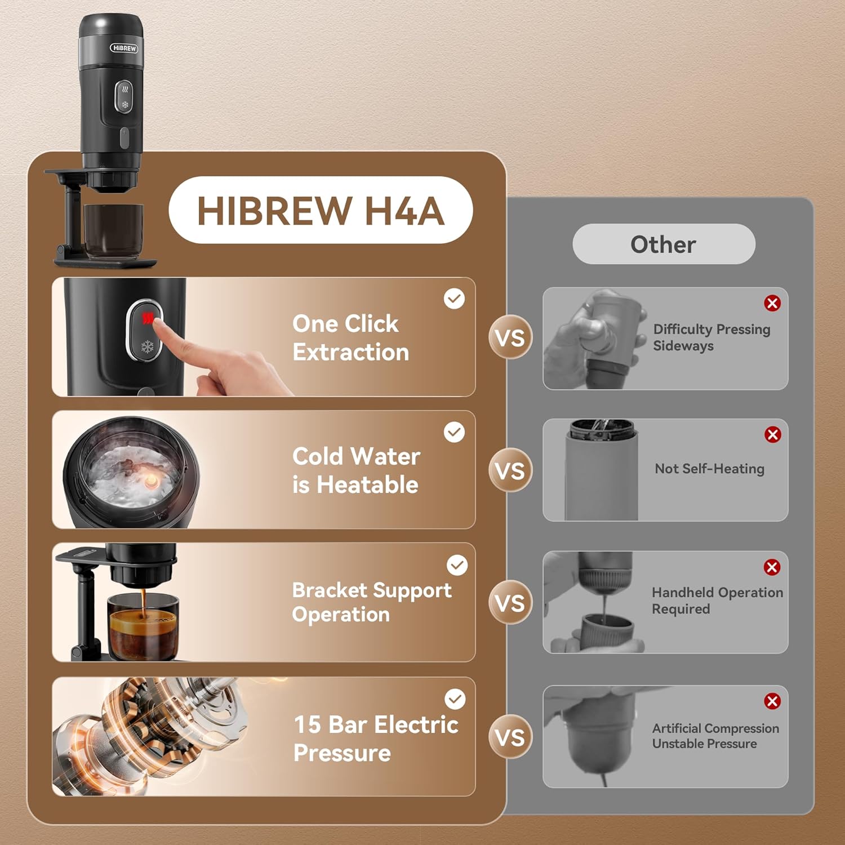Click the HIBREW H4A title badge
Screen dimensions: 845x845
[x=321, y=210]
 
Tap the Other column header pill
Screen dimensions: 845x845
[x=664, y=244]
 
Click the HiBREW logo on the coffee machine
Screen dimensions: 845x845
[x=124, y=48]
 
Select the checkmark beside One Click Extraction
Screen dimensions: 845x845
[x=454, y=299]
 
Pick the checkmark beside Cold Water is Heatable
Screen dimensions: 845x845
[x=454, y=432]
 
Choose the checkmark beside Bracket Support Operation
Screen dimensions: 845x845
[x=457, y=565]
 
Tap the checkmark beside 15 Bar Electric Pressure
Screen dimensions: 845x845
[x=455, y=699]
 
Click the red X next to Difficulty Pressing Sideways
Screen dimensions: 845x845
[x=772, y=303]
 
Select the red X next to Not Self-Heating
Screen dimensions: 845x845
[x=773, y=434]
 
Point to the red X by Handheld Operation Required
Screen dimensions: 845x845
[x=772, y=567]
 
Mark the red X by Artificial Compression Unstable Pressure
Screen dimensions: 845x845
[x=772, y=701]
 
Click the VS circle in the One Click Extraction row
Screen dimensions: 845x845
[x=510, y=337]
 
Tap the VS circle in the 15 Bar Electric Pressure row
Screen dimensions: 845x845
[x=510, y=737]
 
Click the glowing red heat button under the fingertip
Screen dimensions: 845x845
[x=148, y=319]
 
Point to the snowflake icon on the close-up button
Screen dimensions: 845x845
[x=147, y=347]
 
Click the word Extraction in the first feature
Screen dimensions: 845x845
[x=351, y=353]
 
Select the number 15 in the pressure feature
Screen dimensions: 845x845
[x=307, y=725]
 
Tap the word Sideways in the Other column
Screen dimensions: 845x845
[x=683, y=346]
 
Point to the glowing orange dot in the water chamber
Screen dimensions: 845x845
[x=150, y=480]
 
